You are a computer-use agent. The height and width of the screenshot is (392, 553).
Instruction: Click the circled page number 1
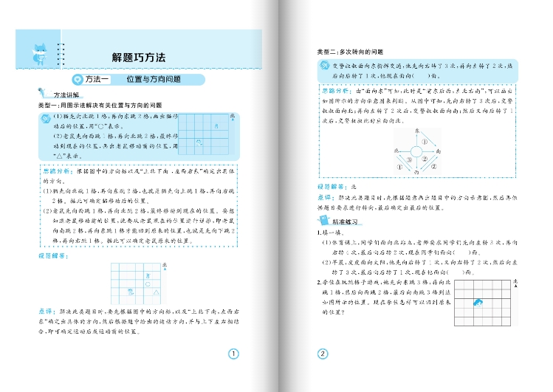[x=234, y=354]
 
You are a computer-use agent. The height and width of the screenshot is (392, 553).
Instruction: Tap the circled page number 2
[x=322, y=354]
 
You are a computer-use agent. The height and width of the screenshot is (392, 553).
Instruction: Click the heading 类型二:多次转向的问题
[x=350, y=52]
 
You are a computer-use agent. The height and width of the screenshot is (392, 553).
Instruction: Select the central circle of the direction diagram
[x=417, y=152]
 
